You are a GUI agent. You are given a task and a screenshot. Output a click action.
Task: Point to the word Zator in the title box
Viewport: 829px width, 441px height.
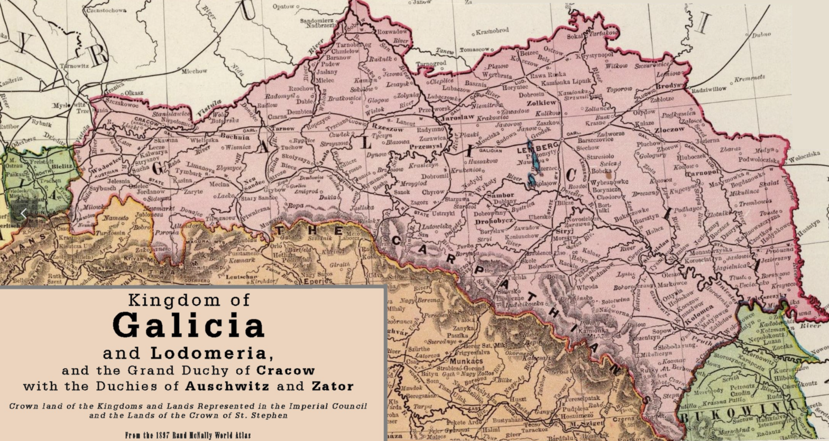click(333, 386)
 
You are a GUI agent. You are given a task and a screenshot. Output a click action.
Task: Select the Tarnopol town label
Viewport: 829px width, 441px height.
click(702, 173)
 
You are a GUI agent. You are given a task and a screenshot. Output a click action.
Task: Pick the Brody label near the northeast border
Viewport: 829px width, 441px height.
click(682, 85)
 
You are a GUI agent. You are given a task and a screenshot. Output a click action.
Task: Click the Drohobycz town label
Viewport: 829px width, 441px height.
click(494, 221)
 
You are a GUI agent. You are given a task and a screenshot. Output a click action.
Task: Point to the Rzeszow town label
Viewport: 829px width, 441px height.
click(388, 127)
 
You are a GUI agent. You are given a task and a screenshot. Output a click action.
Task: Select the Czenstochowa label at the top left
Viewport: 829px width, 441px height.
click(106, 10)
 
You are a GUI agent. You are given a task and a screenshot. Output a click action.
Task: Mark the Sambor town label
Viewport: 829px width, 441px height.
click(500, 195)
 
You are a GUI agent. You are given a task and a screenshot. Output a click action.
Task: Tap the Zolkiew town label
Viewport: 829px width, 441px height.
click(541, 102)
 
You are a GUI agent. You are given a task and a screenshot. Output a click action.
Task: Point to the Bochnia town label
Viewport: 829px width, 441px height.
click(235, 136)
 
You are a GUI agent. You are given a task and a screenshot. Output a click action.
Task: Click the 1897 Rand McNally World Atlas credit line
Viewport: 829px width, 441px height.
click(188, 436)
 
